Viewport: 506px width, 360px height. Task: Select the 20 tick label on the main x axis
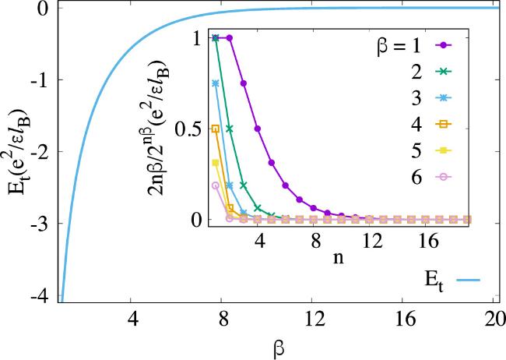point(491,319)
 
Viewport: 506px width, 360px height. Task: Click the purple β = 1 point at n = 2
point(230,37)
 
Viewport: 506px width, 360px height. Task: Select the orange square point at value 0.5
point(216,129)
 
